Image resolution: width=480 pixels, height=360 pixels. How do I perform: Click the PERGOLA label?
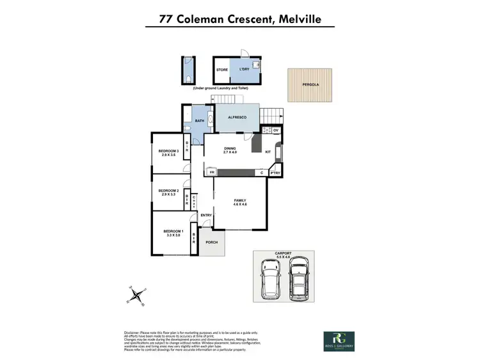311,84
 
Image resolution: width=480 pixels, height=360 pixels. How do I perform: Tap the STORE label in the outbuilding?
222,70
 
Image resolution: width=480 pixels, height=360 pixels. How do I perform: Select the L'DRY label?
244,70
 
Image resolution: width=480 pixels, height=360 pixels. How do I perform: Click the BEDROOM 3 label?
168,151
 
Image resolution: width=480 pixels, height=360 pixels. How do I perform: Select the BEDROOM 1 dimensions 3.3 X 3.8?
173,235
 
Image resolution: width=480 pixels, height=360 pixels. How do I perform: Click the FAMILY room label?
241,201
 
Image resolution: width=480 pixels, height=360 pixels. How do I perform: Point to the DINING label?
230,148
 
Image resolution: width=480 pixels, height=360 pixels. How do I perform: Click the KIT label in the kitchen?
268,152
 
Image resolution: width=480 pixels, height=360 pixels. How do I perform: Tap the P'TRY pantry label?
276,173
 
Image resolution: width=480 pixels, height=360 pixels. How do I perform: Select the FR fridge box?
211,173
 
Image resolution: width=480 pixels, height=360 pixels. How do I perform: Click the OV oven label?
276,130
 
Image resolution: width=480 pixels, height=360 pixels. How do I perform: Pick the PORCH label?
211,243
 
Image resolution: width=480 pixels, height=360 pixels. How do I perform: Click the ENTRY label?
205,215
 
